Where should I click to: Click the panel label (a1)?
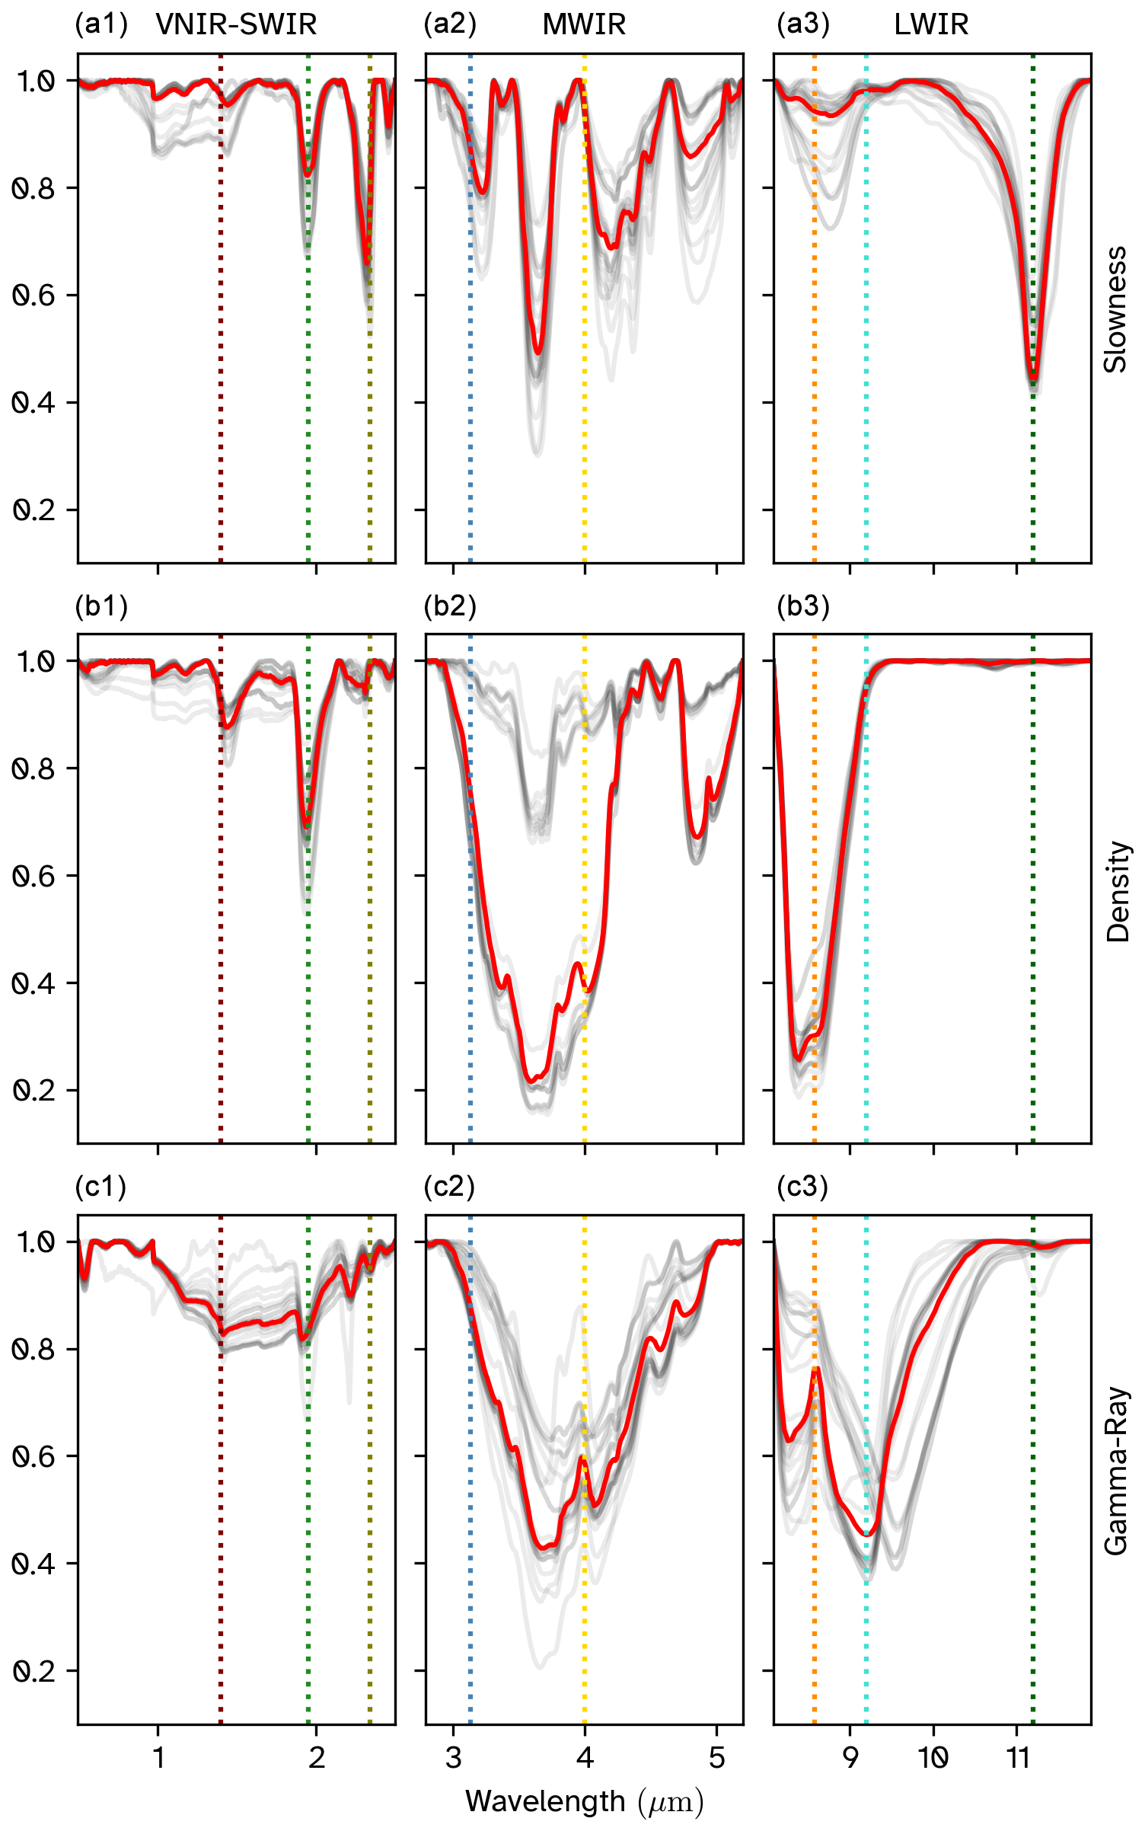tap(101, 24)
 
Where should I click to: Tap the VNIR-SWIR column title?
tap(236, 24)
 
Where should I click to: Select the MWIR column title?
tap(584, 24)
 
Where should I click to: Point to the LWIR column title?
tap(931, 24)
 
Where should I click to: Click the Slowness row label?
tap(1115, 309)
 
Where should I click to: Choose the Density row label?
tap(1117, 892)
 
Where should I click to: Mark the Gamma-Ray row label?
tap(1116, 1471)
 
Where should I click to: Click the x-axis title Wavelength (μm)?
tap(584, 1802)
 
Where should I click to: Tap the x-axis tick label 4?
tap(585, 1759)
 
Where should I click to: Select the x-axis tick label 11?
tap(1017, 1759)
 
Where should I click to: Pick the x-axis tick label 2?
tap(317, 1759)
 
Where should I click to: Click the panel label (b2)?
tap(450, 606)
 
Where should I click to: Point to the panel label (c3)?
tap(802, 1187)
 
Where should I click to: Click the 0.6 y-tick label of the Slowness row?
tap(34, 296)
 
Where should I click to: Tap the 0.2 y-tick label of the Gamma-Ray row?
tap(34, 1671)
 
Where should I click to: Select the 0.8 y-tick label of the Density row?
tap(34, 769)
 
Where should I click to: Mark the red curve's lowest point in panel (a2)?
tap(538, 353)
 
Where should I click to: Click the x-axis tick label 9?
tap(850, 1759)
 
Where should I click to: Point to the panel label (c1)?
tap(100, 1187)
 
